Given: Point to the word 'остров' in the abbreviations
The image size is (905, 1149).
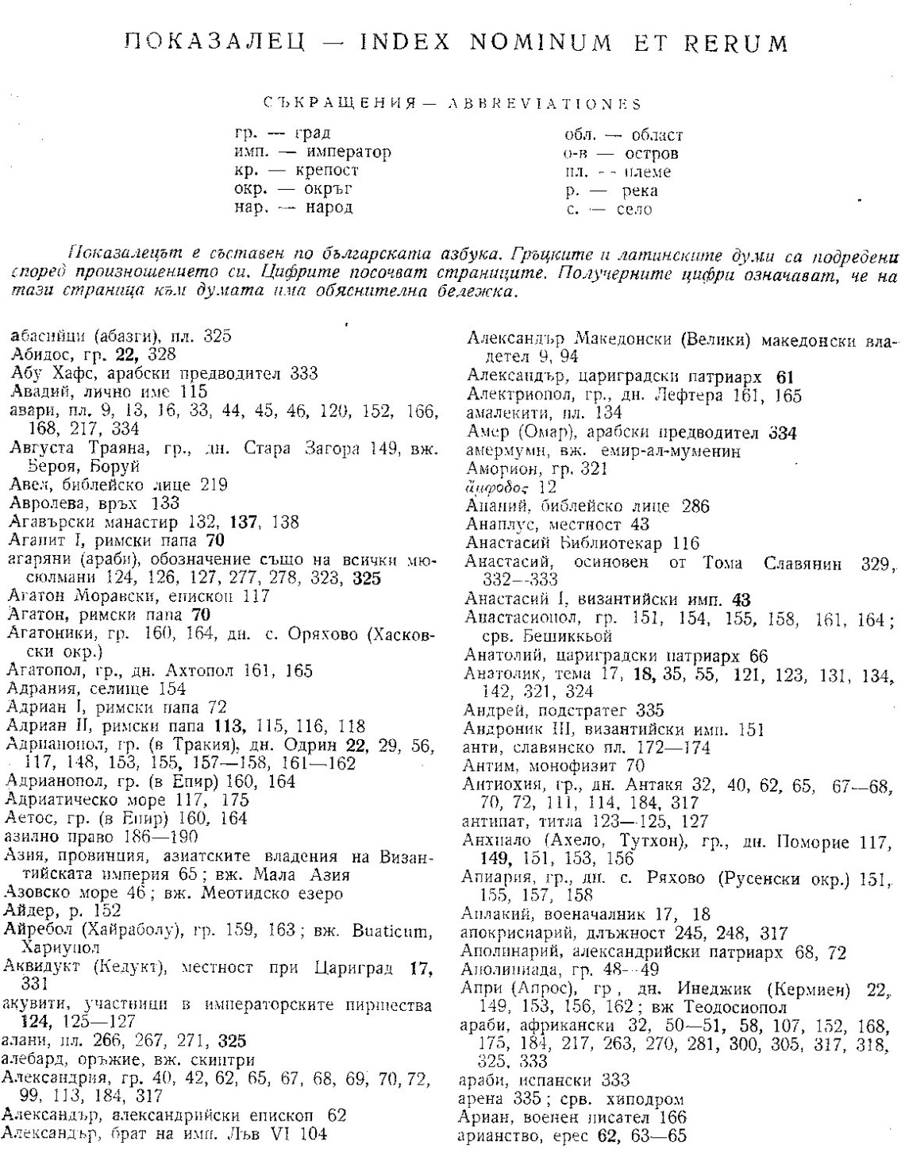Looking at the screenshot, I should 652,153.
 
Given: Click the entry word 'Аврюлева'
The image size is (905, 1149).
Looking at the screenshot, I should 44,503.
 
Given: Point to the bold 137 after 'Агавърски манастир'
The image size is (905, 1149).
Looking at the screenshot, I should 243,522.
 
